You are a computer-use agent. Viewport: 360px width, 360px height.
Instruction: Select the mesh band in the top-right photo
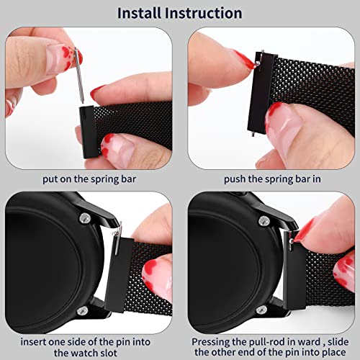tap(317, 94)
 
